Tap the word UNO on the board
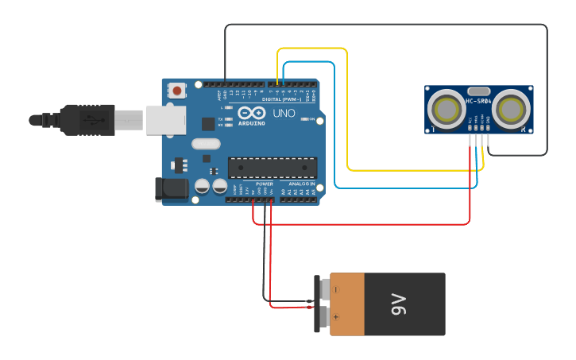point(284,114)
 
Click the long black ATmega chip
point(273,167)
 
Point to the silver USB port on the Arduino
point(166,120)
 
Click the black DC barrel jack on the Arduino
point(171,189)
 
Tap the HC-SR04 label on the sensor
point(478,101)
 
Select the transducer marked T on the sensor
point(446,109)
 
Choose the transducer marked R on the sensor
point(511,109)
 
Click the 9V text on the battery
point(399,304)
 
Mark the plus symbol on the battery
point(336,316)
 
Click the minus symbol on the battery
point(336,290)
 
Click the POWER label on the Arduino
point(265,184)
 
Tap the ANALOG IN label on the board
point(301,184)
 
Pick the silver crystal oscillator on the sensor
point(478,91)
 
